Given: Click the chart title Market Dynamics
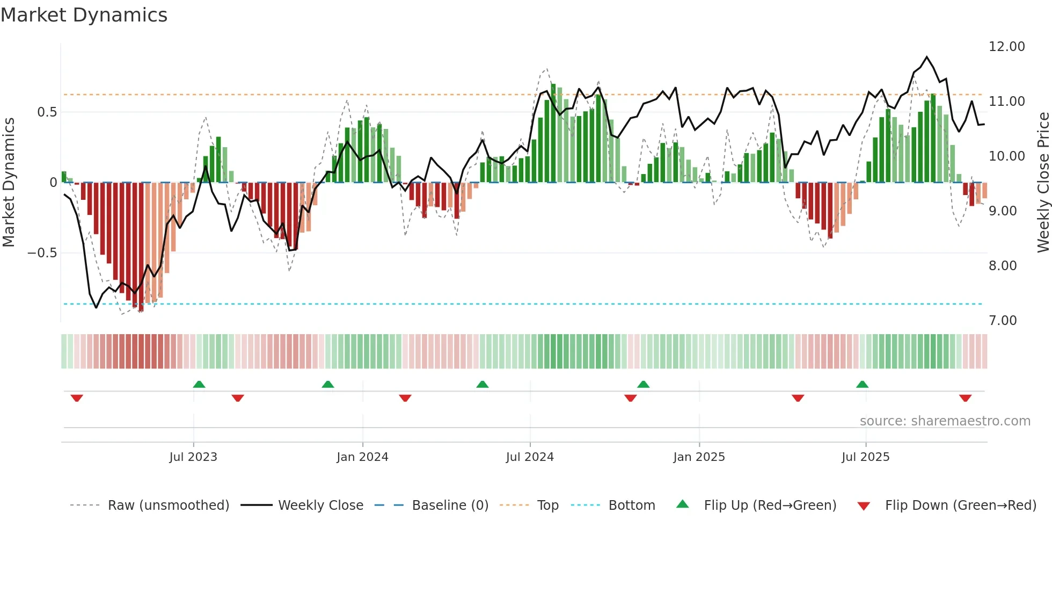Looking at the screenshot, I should pos(84,15).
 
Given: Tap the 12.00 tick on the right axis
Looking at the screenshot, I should pos(1006,47).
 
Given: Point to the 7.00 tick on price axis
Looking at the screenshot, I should pos(1003,321).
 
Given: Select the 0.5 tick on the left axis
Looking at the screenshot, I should pos(47,112).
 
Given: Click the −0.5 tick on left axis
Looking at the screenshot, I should pos(42,253).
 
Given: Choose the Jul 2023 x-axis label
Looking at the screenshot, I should pos(193,457).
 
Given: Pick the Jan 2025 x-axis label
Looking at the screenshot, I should pos(699,457).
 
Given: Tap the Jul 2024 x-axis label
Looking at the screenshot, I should pos(530,457).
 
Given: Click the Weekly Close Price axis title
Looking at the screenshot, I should pos(1043,182).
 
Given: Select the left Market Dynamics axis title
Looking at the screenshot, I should pos(9,182).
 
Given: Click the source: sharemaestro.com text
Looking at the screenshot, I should pos(945,421).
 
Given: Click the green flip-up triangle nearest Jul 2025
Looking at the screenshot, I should pos(862,385).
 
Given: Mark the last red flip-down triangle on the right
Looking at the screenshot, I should pos(965,398).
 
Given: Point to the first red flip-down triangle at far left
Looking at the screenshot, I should pos(77,398).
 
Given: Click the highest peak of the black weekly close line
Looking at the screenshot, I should pos(926,57).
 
